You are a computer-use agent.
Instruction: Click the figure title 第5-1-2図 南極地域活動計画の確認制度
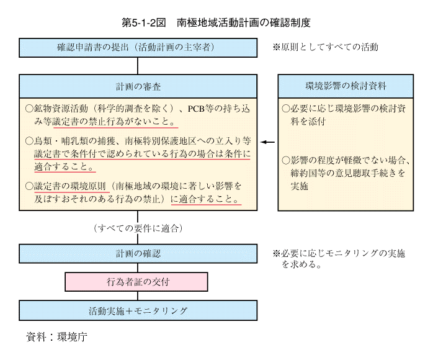pyautogui.click(x=216, y=23)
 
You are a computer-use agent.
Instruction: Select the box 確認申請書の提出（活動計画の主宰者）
pyautogui.click(x=138, y=48)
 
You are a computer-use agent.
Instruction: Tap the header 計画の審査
pyautogui.click(x=138, y=86)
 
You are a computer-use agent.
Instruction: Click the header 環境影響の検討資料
pyautogui.click(x=346, y=86)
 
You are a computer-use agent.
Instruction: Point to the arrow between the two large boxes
pyautogui.click(x=267, y=142)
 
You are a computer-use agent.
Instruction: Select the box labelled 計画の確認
pyautogui.click(x=138, y=253)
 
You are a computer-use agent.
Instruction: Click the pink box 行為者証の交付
pyautogui.click(x=136, y=282)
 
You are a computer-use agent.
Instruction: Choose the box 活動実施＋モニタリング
pyautogui.click(x=138, y=310)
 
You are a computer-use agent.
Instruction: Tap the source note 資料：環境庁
pyautogui.click(x=56, y=337)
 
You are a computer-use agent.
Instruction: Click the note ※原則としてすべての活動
pyautogui.click(x=325, y=47)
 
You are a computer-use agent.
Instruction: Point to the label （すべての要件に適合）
pyautogui.click(x=138, y=228)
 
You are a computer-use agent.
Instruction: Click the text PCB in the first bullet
pyautogui.click(x=196, y=109)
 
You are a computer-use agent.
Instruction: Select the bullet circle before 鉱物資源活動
pyautogui.click(x=29, y=109)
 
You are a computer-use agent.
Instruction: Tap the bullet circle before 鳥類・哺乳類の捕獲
pyautogui.click(x=29, y=141)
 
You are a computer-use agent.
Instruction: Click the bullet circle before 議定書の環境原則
pyautogui.click(x=29, y=186)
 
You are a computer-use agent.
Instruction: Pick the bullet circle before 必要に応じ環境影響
pyautogui.click(x=286, y=108)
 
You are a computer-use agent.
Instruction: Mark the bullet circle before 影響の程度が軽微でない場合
pyautogui.click(x=286, y=160)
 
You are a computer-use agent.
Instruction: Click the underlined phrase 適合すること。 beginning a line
pyautogui.click(x=65, y=166)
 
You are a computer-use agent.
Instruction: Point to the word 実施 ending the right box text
pyautogui.click(x=300, y=186)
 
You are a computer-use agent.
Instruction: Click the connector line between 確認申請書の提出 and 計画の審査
pyautogui.click(x=138, y=66)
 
